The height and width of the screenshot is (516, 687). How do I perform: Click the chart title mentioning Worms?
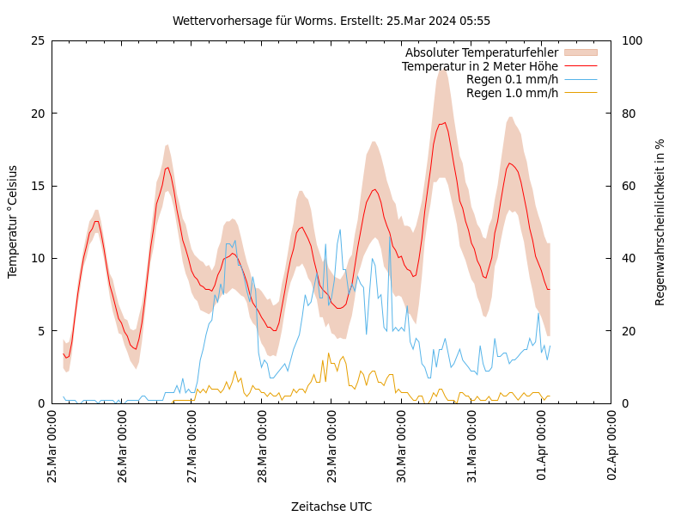click(x=331, y=21)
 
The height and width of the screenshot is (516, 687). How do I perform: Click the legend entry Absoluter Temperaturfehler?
click(x=481, y=53)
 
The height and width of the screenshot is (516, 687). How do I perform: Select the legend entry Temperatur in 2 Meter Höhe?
click(x=479, y=66)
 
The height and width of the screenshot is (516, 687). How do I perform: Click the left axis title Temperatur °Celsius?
click(x=13, y=221)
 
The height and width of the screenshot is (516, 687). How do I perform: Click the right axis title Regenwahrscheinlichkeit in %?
click(x=660, y=222)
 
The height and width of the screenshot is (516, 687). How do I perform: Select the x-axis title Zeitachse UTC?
click(x=331, y=507)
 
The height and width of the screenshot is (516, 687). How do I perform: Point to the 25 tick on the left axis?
click(x=38, y=40)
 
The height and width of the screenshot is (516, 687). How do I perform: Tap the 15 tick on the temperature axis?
click(x=38, y=186)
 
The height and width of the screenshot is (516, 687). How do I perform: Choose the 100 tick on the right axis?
click(x=631, y=40)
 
